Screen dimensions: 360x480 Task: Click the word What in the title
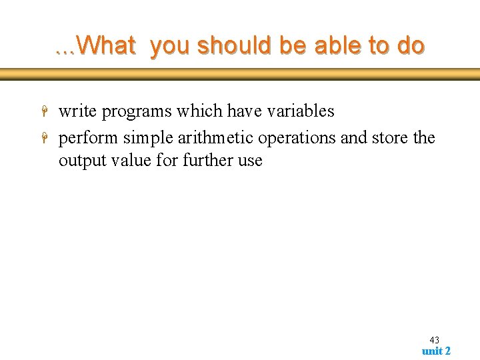point(106,45)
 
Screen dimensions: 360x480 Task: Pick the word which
point(200,111)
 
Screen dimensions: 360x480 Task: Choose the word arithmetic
point(215,138)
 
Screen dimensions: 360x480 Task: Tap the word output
point(81,161)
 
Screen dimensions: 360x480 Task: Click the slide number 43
point(434,340)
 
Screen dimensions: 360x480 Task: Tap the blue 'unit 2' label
point(436,351)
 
